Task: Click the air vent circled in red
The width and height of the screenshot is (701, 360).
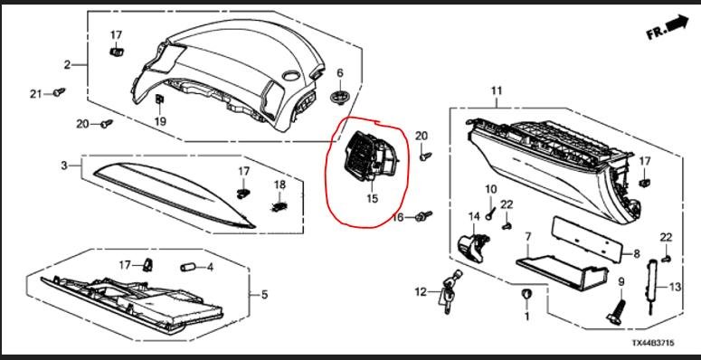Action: pyautogui.click(x=370, y=157)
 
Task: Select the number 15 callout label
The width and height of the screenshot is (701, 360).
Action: pyautogui.click(x=373, y=198)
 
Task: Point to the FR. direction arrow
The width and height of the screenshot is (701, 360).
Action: pyautogui.click(x=667, y=27)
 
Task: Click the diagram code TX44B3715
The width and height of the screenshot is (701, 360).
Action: pyautogui.click(x=653, y=343)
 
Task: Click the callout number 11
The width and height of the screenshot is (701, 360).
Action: pyautogui.click(x=497, y=90)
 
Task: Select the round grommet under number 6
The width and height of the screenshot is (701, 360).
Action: pyautogui.click(x=341, y=97)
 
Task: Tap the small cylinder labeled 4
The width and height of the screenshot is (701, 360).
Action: pyautogui.click(x=189, y=268)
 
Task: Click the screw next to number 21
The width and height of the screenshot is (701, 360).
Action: pyautogui.click(x=59, y=91)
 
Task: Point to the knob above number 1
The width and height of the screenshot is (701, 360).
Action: pyautogui.click(x=526, y=295)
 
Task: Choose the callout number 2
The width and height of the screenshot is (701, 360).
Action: pyautogui.click(x=67, y=65)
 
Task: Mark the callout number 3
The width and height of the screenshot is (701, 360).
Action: pyautogui.click(x=64, y=166)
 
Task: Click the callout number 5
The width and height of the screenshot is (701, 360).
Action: pyautogui.click(x=264, y=295)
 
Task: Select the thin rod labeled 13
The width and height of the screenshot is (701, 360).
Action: pyautogui.click(x=651, y=285)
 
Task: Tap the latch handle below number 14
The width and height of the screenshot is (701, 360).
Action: pyautogui.click(x=473, y=245)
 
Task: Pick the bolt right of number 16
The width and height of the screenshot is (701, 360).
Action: pyautogui.click(x=423, y=216)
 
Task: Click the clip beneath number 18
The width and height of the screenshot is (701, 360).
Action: pyautogui.click(x=279, y=206)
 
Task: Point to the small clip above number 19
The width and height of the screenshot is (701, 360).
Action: pyautogui.click(x=159, y=99)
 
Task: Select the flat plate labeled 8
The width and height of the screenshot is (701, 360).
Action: pyautogui.click(x=586, y=240)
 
